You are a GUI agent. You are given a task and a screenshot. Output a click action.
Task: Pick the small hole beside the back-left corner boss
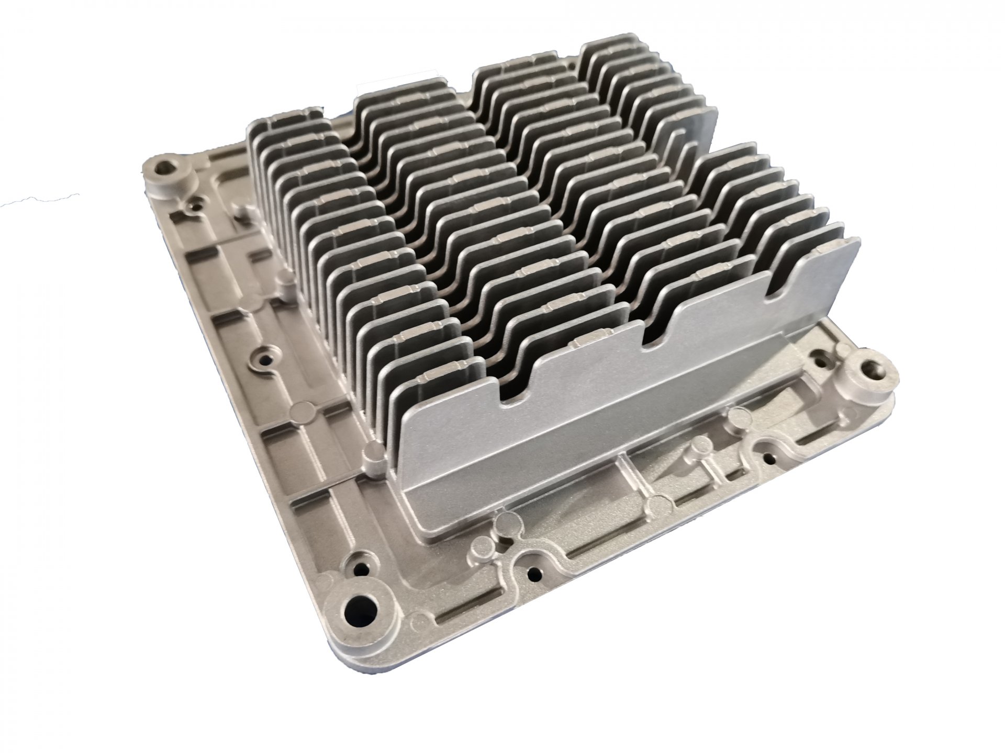point(195,206)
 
